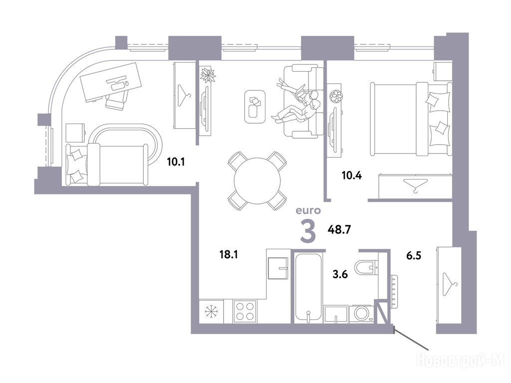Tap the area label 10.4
pos(352,176)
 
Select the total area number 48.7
pos(339,230)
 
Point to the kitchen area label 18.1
pos(229,254)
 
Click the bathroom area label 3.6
pos(340,274)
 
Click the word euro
pos(308,211)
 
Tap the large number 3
pos(308,231)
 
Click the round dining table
pos(257,181)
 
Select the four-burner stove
pos(245,311)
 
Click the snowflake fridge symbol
pos(211,311)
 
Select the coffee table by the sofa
pos(255,107)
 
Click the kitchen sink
pos(278,268)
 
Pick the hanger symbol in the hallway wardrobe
pos(449,284)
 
